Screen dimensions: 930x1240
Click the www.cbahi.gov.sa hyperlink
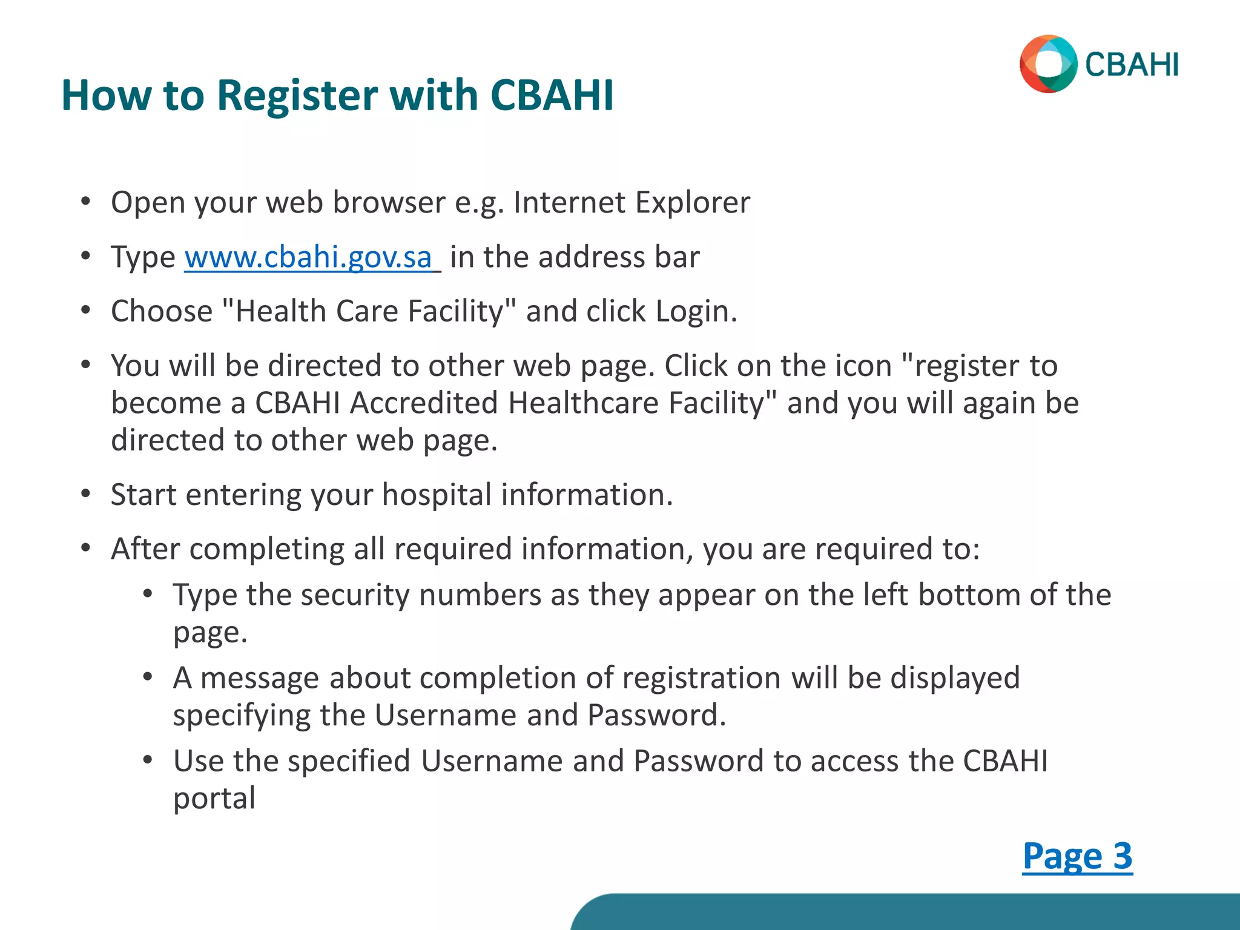click(308, 257)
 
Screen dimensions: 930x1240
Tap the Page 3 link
click(1077, 856)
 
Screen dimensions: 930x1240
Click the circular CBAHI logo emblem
click(1048, 64)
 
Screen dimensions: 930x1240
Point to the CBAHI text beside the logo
click(1132, 65)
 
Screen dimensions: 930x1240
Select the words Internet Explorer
click(632, 202)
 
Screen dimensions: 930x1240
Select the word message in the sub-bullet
click(259, 678)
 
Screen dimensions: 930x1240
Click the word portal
click(214, 798)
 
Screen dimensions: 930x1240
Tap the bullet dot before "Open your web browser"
click(86, 202)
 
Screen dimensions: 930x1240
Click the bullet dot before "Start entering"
click(86, 494)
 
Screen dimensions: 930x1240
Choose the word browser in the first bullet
click(389, 202)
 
